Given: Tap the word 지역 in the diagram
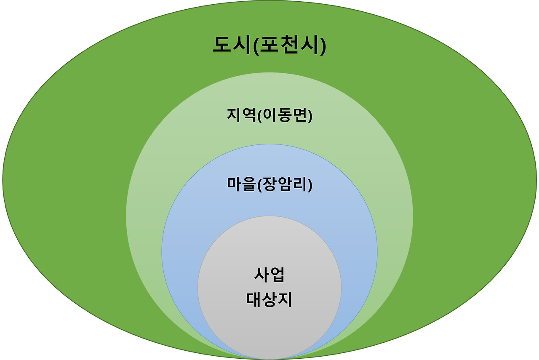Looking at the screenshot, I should pyautogui.click(x=240, y=115).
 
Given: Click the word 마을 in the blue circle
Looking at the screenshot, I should pyautogui.click(x=240, y=184).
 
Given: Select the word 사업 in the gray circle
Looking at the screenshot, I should pyautogui.click(x=269, y=275).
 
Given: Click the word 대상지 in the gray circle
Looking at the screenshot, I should pyautogui.click(x=269, y=300).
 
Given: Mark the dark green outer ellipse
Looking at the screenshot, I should pyautogui.click(x=63, y=181).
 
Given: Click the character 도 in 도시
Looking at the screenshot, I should pyautogui.click(x=221, y=46).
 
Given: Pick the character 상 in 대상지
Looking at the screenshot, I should pyautogui.click(x=269, y=300).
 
